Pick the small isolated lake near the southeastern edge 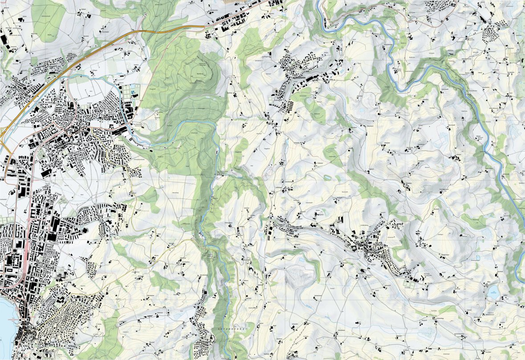493,292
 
